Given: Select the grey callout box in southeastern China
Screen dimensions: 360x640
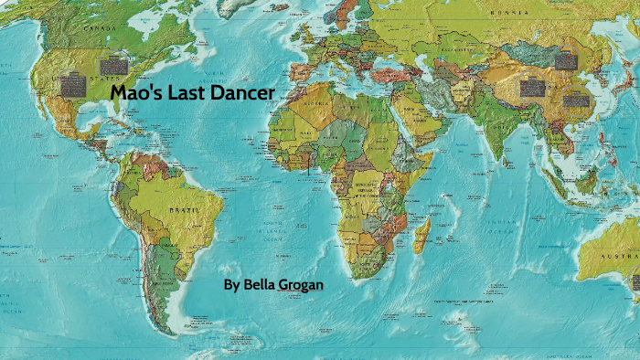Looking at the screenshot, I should point(575,97).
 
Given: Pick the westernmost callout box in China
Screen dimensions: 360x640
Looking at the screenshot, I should point(532,89).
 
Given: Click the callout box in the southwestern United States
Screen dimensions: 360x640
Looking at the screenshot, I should point(73,86).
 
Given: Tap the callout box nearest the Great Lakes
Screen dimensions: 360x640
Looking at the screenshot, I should point(114,66).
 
